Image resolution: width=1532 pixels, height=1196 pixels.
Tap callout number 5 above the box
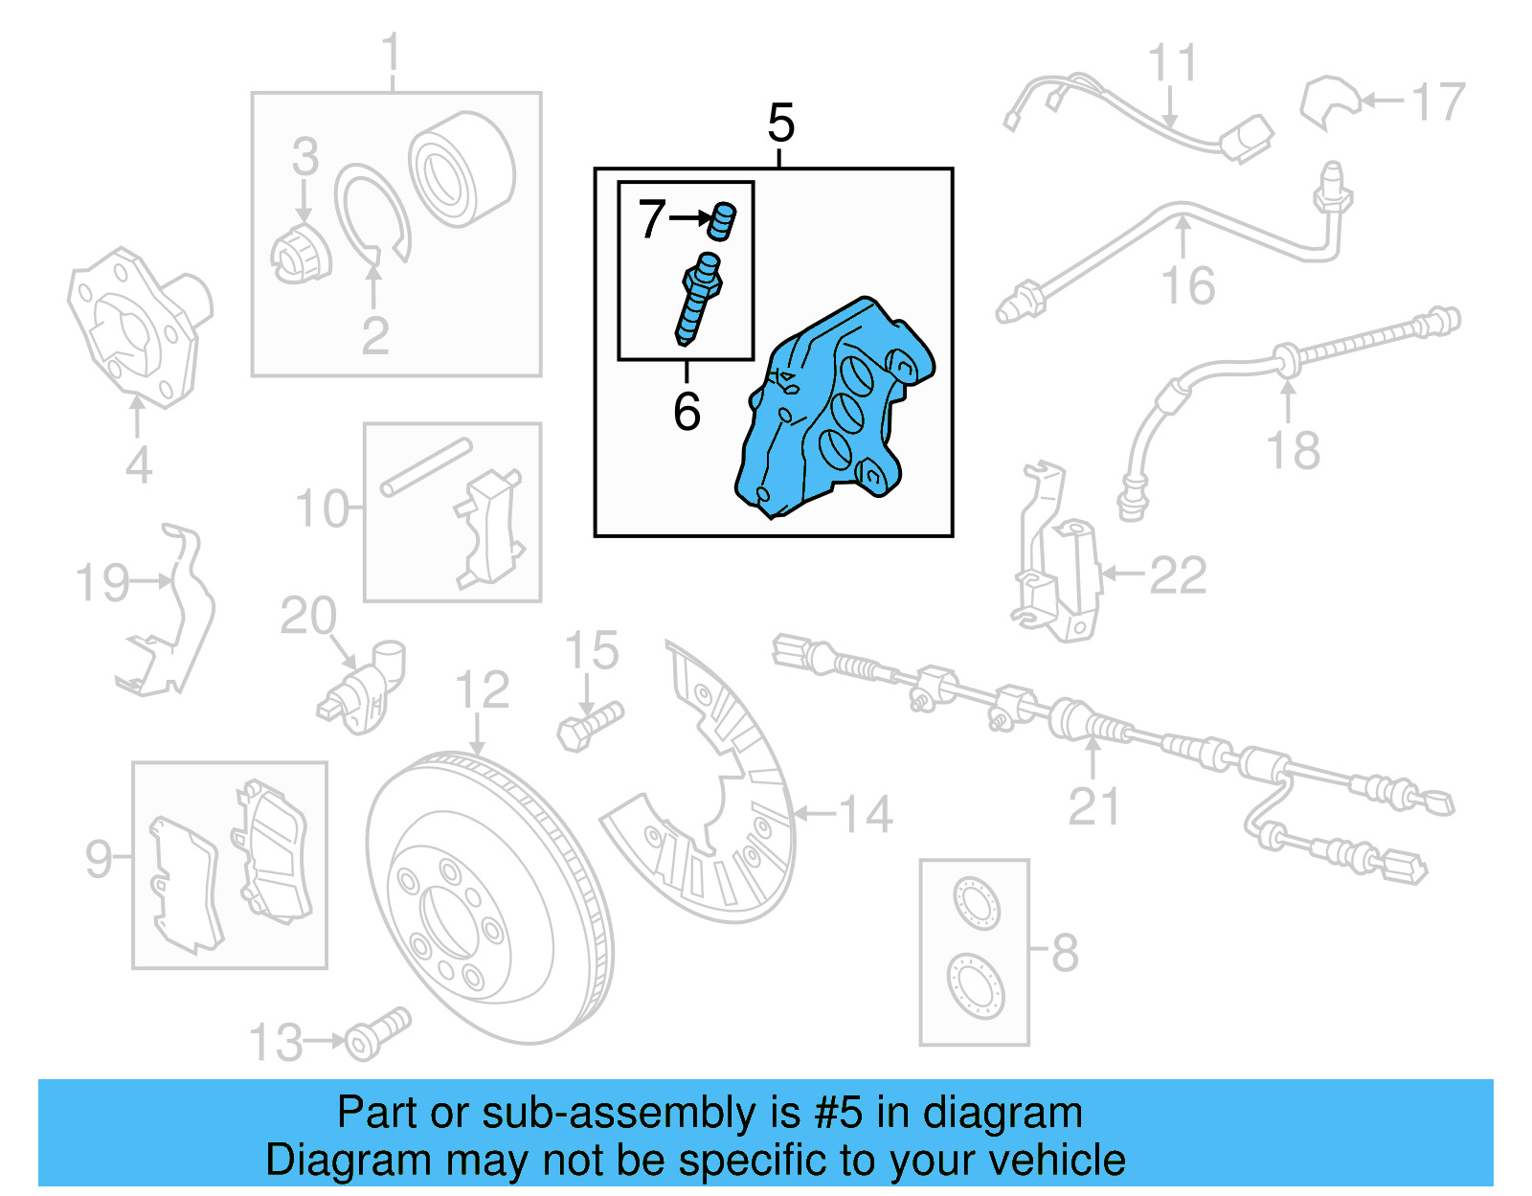pos(780,124)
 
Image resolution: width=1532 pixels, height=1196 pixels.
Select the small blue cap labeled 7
pos(722,222)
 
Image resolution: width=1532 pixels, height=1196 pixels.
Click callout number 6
pos(687,412)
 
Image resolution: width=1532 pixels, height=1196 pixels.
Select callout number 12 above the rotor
pos(482,689)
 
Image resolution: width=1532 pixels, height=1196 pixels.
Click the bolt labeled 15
pos(590,726)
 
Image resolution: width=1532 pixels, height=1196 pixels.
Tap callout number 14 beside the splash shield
pos(867,815)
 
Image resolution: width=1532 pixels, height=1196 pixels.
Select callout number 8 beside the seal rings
pos(1065,953)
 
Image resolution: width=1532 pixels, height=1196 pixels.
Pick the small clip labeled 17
pos(1328,102)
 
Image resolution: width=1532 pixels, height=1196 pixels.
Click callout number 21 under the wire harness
pos(1093,806)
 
